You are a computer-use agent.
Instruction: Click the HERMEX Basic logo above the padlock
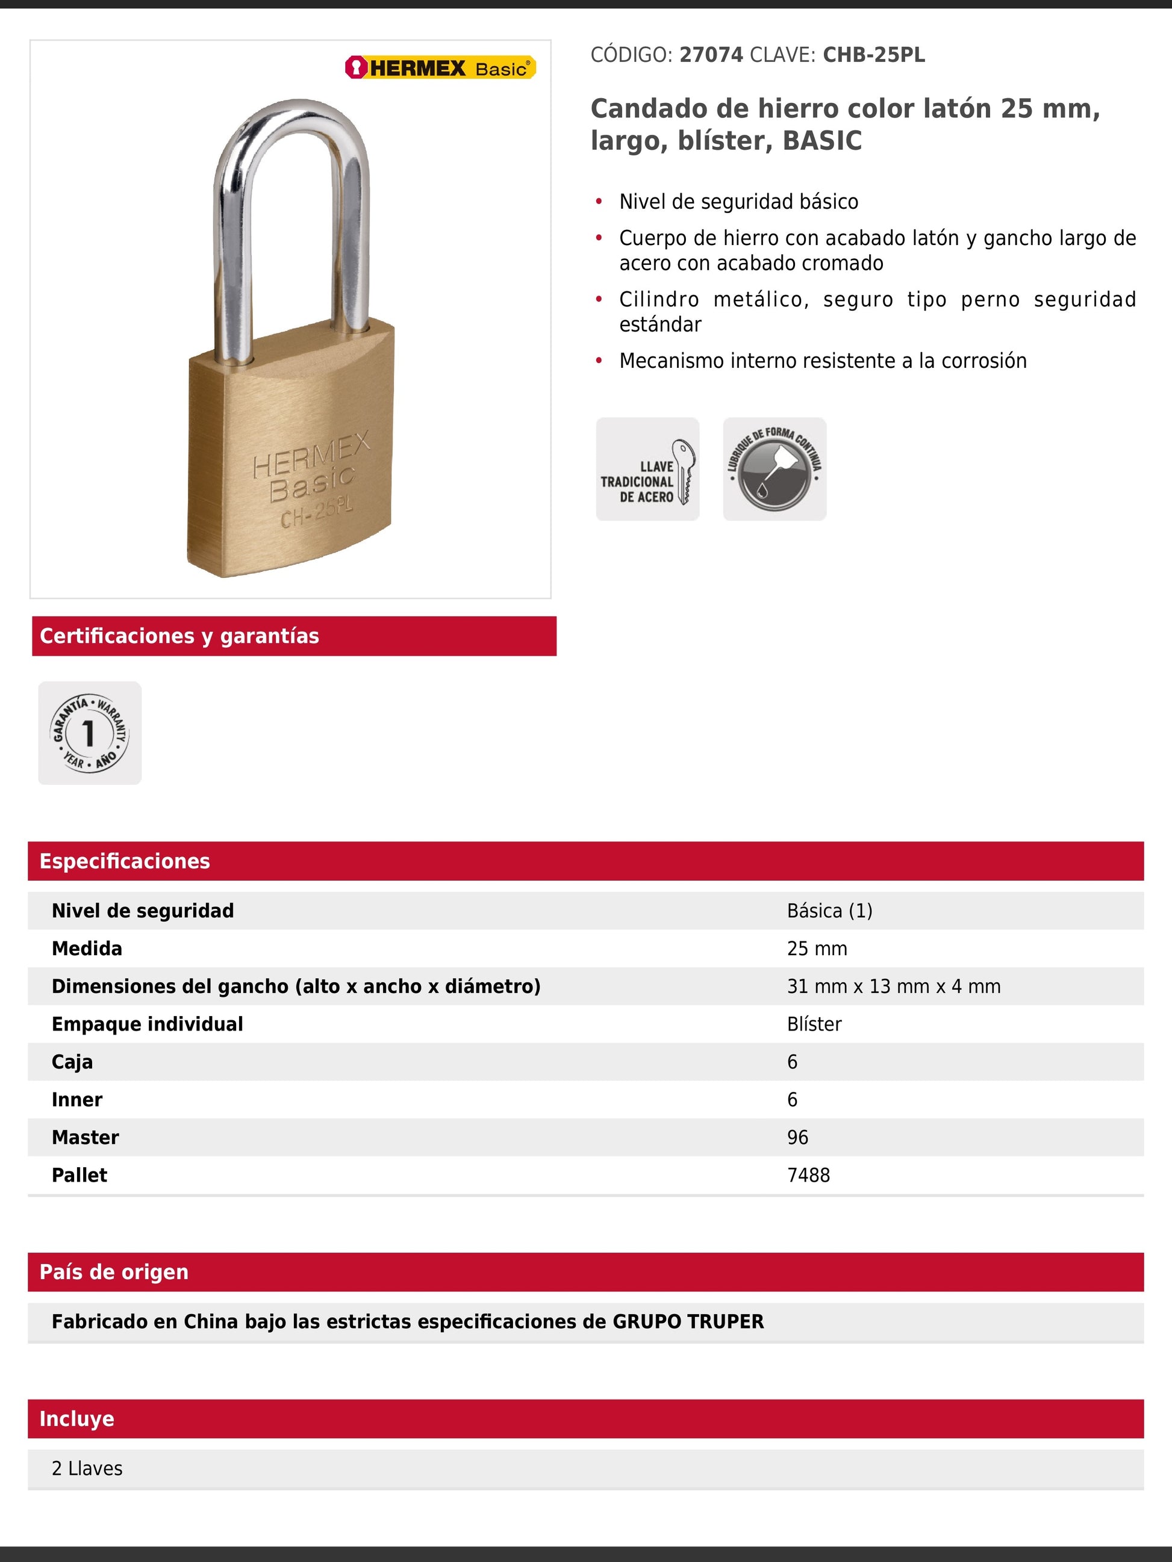coord(440,68)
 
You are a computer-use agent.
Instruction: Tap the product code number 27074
coord(711,55)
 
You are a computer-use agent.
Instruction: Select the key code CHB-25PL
coord(873,55)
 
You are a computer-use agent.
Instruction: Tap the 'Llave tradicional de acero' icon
coord(647,469)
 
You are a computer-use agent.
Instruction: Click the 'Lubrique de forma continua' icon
coord(775,469)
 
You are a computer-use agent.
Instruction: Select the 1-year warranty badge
coord(90,733)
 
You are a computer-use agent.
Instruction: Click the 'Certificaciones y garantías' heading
coord(179,636)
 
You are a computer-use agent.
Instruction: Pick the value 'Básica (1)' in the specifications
coord(829,911)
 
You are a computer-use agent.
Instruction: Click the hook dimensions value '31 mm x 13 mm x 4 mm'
coord(893,987)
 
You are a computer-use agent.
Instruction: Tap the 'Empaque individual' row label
coord(147,1024)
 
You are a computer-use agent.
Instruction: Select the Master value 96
coord(797,1138)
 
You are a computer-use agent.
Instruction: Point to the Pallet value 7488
coord(808,1175)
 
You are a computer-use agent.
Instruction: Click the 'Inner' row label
coord(77,1100)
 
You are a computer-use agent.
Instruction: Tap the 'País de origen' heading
coord(114,1272)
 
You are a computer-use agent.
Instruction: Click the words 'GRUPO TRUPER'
coord(687,1321)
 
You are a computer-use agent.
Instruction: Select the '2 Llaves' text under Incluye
coord(87,1468)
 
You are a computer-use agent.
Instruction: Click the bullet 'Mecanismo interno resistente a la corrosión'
coord(822,361)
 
